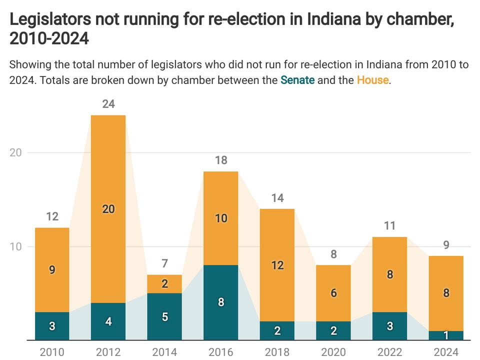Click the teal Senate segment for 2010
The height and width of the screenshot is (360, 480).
click(52, 326)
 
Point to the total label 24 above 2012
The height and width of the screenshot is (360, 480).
click(108, 104)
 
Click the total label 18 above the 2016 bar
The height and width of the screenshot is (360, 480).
click(221, 160)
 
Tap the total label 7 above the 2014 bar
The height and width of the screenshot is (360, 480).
click(164, 263)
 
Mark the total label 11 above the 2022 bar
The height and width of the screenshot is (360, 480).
click(390, 226)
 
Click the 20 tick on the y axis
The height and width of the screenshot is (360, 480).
click(15, 152)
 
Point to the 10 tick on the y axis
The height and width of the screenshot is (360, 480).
click(15, 246)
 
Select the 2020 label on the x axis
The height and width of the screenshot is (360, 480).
click(333, 352)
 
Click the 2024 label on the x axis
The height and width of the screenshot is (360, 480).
click(446, 352)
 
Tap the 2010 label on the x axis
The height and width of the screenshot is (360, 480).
click(52, 352)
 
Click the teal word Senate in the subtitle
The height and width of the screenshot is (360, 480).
click(297, 80)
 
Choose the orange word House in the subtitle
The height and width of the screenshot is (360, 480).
click(372, 80)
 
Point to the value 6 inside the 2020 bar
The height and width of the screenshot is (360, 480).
click(333, 293)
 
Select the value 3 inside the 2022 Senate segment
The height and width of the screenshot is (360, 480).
click(390, 326)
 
